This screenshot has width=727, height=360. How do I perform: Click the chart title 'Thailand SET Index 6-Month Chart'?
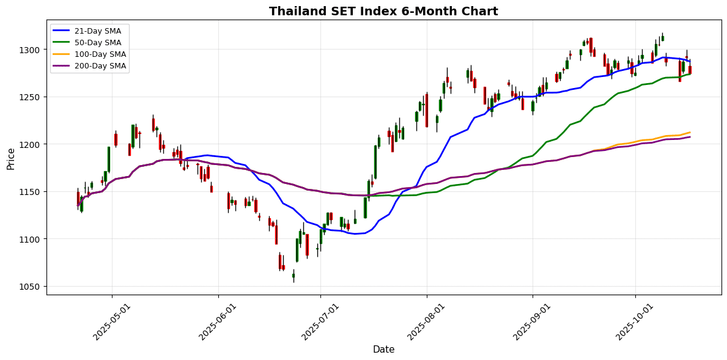click(383, 11)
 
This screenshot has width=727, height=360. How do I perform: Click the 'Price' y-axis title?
click(11, 158)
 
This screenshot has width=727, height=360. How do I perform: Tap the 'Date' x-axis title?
click(383, 350)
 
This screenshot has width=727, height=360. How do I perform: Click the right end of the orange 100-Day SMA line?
click(690, 132)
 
